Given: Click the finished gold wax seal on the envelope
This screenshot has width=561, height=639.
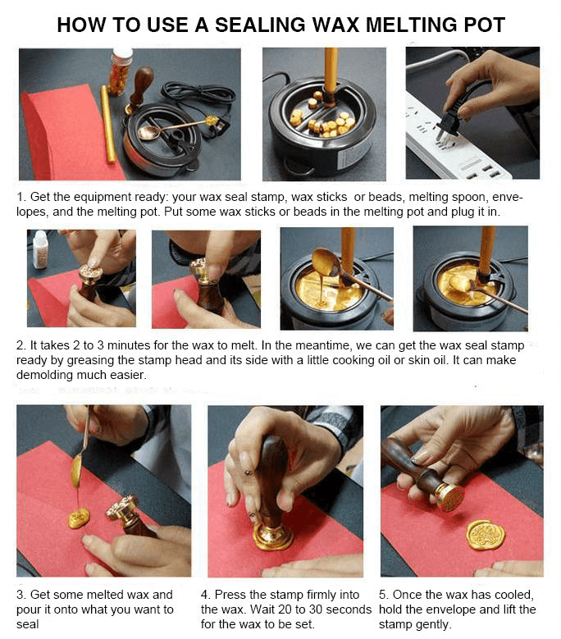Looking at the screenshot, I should pyautogui.click(x=486, y=534).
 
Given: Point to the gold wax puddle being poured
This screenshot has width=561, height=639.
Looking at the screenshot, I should pyautogui.click(x=79, y=518).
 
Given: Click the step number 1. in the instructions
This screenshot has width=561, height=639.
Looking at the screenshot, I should pyautogui.click(x=21, y=198).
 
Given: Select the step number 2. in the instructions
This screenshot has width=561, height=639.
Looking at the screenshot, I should pyautogui.click(x=21, y=345).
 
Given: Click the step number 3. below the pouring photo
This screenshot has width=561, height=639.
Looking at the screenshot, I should pyautogui.click(x=21, y=595).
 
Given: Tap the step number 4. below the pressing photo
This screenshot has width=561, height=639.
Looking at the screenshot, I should pyautogui.click(x=206, y=595).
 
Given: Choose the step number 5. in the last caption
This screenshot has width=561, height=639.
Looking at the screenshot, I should pyautogui.click(x=384, y=595).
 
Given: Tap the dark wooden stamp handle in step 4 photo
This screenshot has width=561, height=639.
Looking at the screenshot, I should pyautogui.click(x=273, y=476).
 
